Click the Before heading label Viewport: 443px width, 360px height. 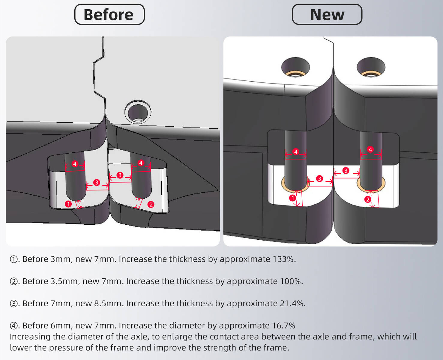109,14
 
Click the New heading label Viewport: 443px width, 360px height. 327,14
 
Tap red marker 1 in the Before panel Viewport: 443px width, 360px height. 68,204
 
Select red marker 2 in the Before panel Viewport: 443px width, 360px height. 151,204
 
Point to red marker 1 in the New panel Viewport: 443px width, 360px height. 293,198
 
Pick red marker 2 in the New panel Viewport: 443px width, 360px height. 368,200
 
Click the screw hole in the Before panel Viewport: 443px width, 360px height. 138,112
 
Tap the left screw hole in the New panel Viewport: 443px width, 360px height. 295,67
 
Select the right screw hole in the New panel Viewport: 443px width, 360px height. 371,67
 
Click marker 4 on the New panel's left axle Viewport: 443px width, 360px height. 296,151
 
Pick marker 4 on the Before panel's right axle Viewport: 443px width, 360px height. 141,163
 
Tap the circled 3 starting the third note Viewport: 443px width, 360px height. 14,304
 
